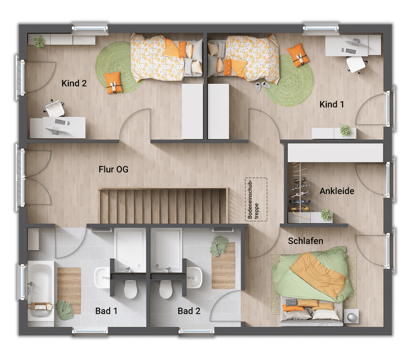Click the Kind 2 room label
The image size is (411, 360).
tap(74, 83)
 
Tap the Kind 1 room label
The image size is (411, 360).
tap(331, 104)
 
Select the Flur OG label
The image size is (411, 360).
tap(114, 169)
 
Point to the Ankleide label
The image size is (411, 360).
tap(337, 191)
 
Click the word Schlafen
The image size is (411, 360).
tap(305, 241)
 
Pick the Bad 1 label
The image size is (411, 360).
tap(106, 311)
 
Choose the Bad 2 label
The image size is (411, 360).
tap(189, 311)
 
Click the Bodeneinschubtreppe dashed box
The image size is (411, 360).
tap(256, 199)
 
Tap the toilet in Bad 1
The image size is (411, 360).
tap(130, 289)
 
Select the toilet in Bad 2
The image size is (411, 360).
tap(166, 289)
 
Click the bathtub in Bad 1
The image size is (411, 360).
tap(41, 290)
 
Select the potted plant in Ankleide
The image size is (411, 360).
tap(326, 215)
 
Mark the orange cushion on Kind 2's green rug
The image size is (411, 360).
tap(114, 83)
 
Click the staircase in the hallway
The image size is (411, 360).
tap(163, 205)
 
